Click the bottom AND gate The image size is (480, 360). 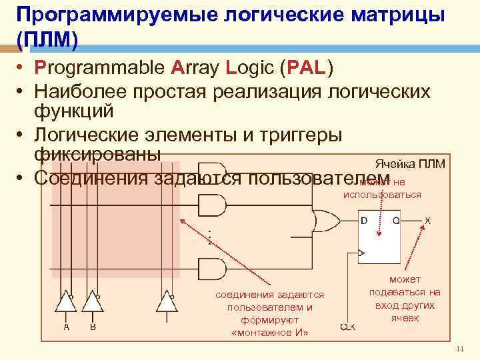click(212, 269)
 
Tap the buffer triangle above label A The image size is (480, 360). click(65, 303)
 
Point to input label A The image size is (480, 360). click(66, 327)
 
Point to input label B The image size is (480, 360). click(93, 327)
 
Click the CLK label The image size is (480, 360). click(347, 327)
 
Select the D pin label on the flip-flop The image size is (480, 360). click(364, 221)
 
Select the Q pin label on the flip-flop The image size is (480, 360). click(395, 221)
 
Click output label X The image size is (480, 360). click(428, 220)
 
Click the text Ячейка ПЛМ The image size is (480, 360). click(409, 164)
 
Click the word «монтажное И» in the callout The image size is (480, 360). click(269, 333)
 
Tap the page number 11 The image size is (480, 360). click(459, 351)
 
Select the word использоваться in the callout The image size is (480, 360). click(382, 195)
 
